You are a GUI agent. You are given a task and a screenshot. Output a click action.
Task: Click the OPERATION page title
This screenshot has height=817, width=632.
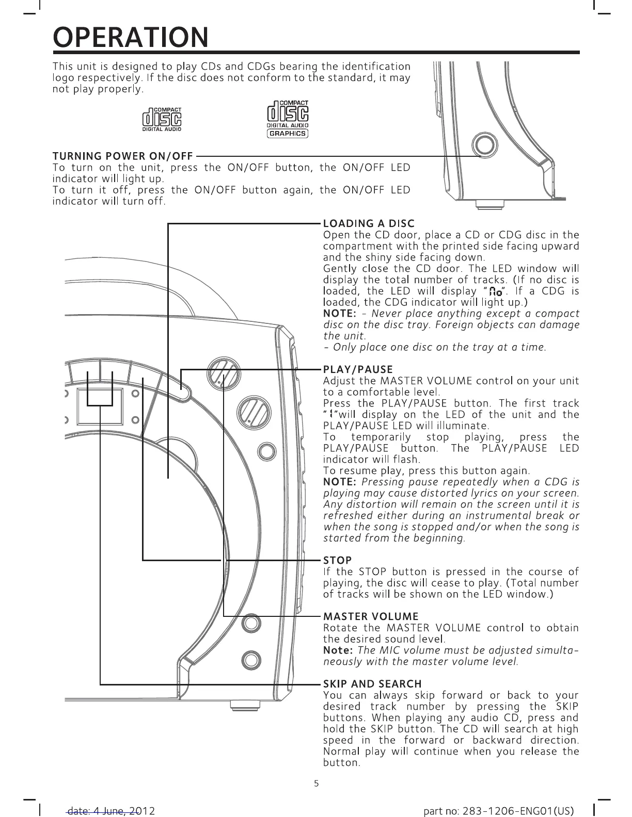(131, 37)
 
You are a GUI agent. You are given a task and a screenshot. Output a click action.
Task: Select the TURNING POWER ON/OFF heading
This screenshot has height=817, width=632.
(123, 156)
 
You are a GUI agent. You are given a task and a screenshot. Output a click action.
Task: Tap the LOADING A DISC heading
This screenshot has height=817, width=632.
(368, 223)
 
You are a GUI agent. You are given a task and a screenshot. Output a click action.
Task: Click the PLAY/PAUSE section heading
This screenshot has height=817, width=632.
(357, 369)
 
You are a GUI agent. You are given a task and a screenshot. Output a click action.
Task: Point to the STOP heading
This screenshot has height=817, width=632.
(337, 560)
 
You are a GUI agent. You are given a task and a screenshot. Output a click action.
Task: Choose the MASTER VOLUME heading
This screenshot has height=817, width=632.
(370, 616)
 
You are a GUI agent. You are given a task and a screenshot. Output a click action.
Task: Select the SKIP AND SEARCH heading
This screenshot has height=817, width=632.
(372, 684)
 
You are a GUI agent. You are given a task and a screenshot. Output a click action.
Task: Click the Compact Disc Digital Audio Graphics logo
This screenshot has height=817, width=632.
(288, 120)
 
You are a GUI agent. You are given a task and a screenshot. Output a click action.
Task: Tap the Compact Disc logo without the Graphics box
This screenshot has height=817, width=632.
(162, 120)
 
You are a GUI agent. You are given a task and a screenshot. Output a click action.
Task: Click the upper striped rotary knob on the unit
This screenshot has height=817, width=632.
(223, 373)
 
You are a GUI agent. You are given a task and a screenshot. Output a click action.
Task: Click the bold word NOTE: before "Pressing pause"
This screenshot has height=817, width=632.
(340, 482)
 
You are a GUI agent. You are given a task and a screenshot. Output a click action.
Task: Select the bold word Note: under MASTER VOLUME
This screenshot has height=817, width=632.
(338, 650)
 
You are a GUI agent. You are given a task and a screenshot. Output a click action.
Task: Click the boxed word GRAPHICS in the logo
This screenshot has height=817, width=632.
(288, 134)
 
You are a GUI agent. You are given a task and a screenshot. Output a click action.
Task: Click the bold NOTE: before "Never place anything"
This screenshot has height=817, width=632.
(340, 314)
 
